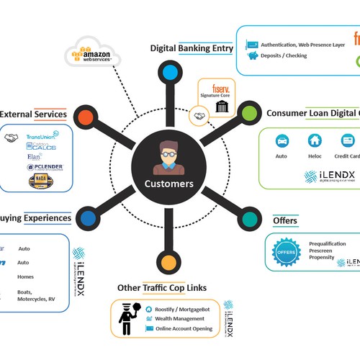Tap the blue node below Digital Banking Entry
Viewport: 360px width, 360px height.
click(x=169, y=72)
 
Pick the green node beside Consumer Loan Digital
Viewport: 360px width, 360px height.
click(x=249, y=113)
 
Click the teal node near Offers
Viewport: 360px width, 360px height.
click(x=249, y=218)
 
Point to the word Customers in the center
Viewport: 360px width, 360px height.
click(x=169, y=184)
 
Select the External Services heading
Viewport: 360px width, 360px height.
click(x=33, y=114)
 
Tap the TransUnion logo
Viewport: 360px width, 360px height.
click(x=42, y=136)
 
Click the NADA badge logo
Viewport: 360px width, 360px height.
click(x=38, y=181)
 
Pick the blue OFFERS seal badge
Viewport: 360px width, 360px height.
click(x=284, y=252)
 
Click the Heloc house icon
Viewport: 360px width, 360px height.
click(x=315, y=140)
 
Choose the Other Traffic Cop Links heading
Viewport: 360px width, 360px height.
click(x=161, y=288)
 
